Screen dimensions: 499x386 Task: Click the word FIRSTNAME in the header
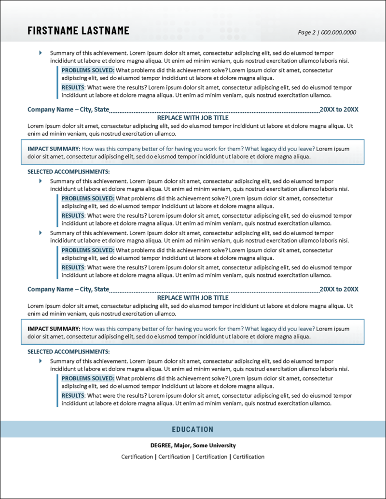[52, 30]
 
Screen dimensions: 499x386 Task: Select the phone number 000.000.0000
[338, 33]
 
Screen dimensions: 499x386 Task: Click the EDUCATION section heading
[193, 429]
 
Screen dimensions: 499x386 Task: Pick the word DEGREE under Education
[161, 445]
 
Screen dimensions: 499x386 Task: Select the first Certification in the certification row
[137, 457]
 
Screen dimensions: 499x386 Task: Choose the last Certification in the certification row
[248, 457]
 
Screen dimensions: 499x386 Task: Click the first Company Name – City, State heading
[68, 110]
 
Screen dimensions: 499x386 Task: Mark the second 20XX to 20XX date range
[339, 289]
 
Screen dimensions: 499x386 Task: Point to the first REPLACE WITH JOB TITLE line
[193, 118]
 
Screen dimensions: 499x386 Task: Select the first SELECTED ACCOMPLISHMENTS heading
[69, 171]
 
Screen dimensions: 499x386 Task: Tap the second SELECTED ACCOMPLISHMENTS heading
[69, 351]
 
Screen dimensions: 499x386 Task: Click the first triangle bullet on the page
[41, 53]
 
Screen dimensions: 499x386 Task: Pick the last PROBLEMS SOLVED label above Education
[88, 378]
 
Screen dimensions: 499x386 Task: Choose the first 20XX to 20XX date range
[339, 110]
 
